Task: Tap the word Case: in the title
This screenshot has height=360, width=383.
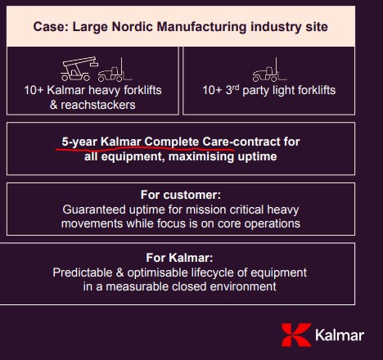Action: click(x=51, y=27)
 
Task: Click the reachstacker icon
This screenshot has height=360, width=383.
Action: click(x=79, y=69)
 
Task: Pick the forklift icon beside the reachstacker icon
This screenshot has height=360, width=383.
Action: click(x=115, y=70)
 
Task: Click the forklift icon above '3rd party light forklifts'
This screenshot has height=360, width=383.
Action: click(x=269, y=70)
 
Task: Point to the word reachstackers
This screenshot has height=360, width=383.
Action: click(x=98, y=105)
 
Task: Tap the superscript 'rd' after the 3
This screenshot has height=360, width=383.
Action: click(x=236, y=88)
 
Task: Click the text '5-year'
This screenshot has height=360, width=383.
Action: click(x=79, y=142)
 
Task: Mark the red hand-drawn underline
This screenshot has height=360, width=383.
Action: click(x=145, y=149)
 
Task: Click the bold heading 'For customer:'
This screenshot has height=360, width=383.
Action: click(x=181, y=195)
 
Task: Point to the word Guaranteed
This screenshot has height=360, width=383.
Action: click(x=94, y=209)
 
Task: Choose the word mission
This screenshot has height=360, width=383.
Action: click(x=201, y=209)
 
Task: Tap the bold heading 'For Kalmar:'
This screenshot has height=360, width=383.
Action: click(x=179, y=258)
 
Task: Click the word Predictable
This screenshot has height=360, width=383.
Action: click(x=83, y=272)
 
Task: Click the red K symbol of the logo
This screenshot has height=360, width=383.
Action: click(x=296, y=335)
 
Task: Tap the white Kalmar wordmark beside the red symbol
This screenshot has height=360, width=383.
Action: click(x=340, y=335)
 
